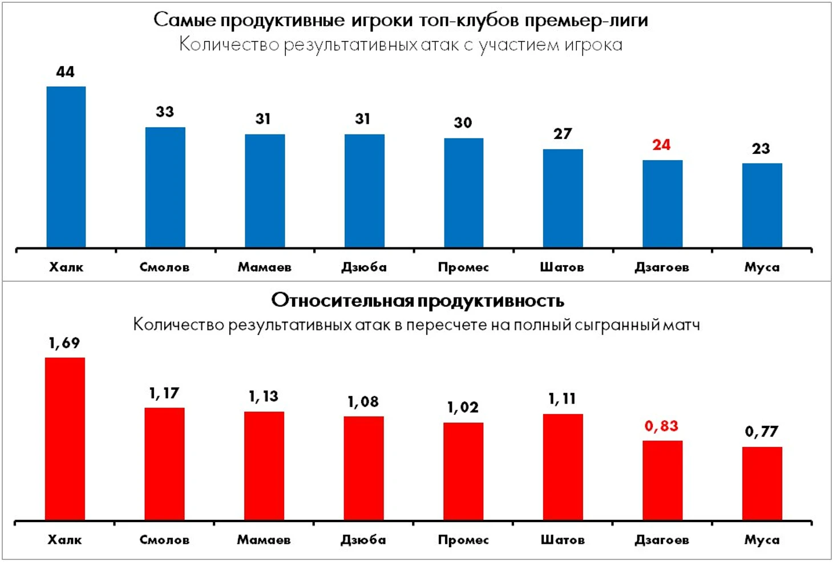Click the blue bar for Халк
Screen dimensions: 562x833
(66, 167)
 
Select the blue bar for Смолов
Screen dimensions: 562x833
(165, 187)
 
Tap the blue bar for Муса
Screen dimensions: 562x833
(762, 205)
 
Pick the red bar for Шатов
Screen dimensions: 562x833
(563, 467)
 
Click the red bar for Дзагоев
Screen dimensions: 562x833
(662, 480)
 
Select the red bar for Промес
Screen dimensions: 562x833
(463, 471)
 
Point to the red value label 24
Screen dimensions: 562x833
(661, 145)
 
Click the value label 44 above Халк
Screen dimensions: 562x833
(65, 72)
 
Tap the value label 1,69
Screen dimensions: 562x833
(64, 343)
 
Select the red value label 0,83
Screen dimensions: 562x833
(661, 426)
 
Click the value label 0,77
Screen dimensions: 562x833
(761, 431)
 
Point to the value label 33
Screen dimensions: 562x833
(165, 112)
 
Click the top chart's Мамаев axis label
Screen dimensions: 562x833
(264, 267)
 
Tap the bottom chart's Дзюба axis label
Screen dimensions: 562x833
(363, 539)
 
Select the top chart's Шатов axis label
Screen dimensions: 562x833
(562, 267)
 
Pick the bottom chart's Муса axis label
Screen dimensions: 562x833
(761, 539)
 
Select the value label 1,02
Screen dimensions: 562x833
(463, 408)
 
